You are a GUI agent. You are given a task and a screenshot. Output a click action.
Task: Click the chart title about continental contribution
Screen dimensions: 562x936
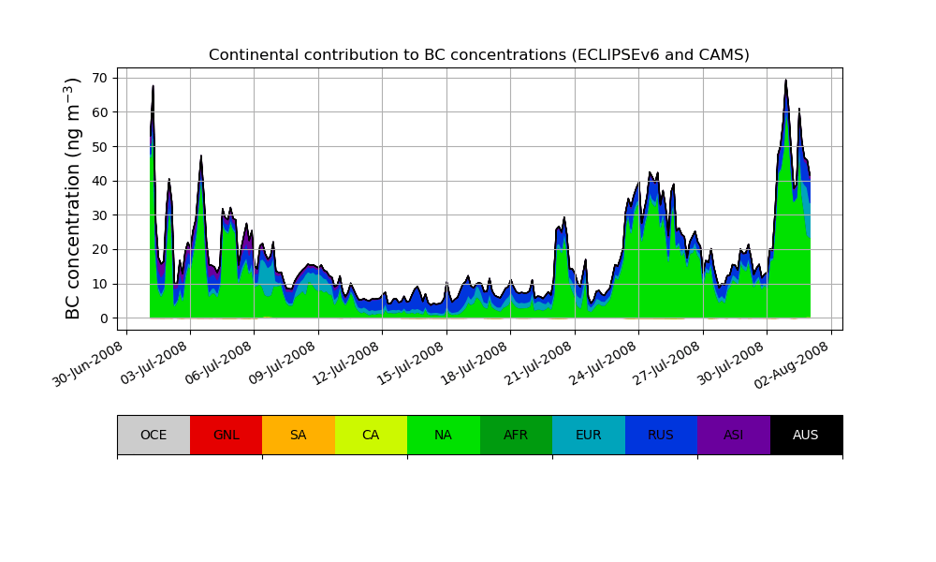pos(478,55)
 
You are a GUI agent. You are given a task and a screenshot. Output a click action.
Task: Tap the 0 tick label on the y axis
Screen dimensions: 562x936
pos(105,318)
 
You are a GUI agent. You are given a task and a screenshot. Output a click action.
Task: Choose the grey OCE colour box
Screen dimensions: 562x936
pos(154,435)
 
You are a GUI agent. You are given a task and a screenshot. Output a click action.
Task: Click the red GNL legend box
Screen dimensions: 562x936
pos(226,435)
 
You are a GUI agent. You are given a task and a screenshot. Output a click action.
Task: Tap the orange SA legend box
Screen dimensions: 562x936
pos(298,435)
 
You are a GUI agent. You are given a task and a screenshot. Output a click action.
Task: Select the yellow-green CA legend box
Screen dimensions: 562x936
pos(371,435)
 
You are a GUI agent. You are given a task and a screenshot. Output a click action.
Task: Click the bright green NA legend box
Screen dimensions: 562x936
pos(443,435)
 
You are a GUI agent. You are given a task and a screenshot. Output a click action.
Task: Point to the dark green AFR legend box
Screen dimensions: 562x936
pos(516,435)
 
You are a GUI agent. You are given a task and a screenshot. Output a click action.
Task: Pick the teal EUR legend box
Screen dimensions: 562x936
pos(588,435)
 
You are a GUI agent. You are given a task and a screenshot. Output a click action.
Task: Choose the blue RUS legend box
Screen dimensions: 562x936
pos(661,435)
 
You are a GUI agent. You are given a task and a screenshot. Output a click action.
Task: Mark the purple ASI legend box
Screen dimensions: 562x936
pos(733,435)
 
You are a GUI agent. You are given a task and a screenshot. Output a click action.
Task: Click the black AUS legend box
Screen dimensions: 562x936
pos(806,435)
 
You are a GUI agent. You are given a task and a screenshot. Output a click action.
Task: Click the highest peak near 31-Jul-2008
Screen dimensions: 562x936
pos(786,81)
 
